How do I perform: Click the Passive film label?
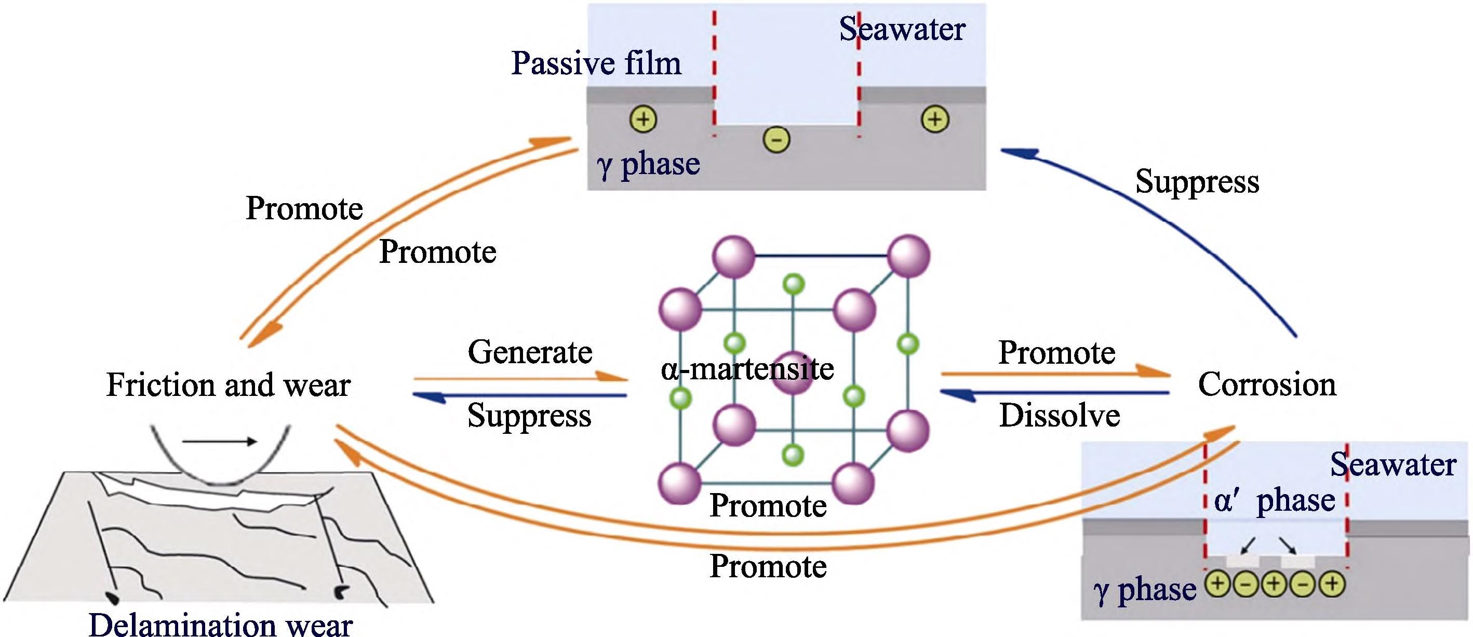596,63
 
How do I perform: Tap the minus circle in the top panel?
776,139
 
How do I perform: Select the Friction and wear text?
228,385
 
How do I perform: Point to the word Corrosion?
1267,384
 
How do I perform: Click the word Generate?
530,352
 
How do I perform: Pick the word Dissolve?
1060,415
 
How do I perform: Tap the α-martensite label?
747,369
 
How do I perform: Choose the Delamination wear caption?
221,625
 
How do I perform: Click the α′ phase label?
1275,501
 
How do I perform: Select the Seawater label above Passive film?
902,29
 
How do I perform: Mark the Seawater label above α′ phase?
1393,465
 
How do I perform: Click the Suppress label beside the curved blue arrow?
1197,181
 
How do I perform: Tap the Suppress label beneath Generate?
529,415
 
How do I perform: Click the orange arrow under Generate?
520,378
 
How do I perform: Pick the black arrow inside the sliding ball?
220,442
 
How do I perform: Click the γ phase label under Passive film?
648,164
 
